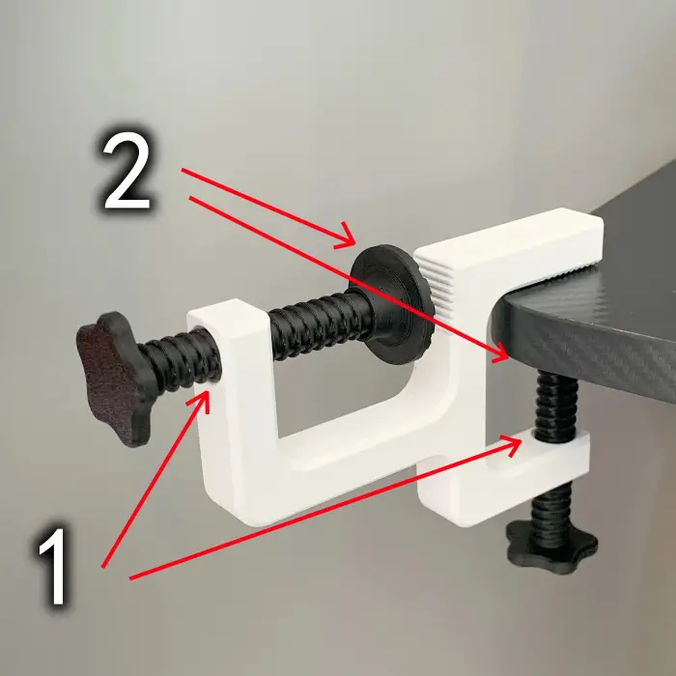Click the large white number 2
(127, 175)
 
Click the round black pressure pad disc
(391, 304)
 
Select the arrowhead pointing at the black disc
(346, 237)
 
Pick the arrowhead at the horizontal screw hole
(201, 401)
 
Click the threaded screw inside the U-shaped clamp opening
(318, 324)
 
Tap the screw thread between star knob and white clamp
(182, 360)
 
